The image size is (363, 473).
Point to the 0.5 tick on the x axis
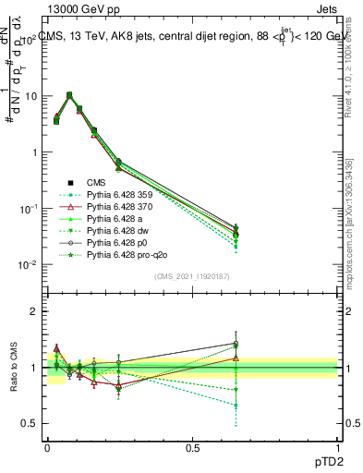pos(192,446)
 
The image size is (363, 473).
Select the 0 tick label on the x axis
pos(47,446)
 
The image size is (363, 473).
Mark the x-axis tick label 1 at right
pos(336,446)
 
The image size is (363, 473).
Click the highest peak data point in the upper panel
pos(69,94)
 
